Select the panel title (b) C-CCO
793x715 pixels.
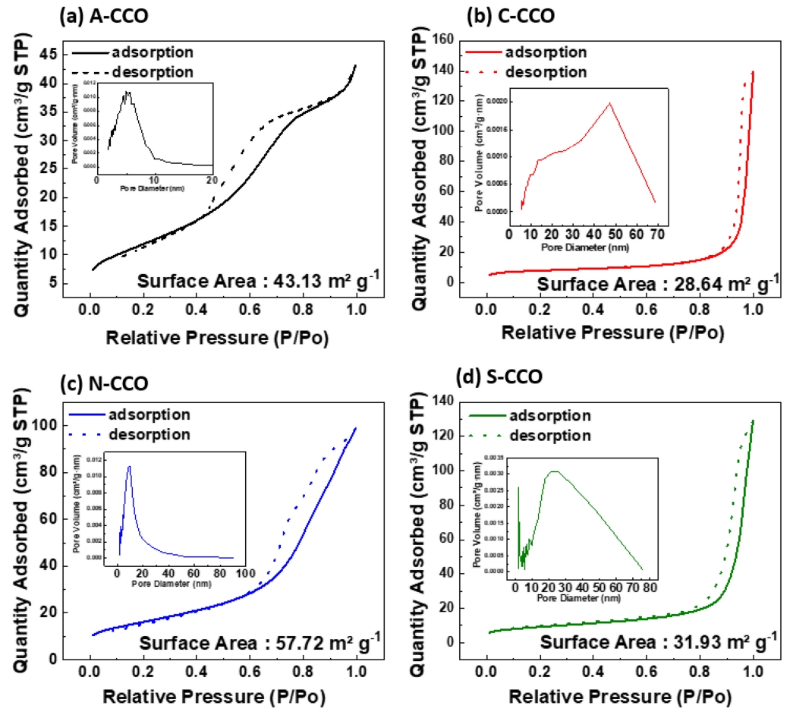pos(495,14)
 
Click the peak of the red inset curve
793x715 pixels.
pos(609,102)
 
